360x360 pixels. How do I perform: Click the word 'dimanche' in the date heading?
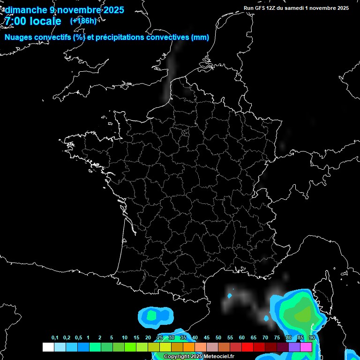pyautogui.click(x=26, y=10)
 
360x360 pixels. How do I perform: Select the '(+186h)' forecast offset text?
pyautogui.click(x=83, y=21)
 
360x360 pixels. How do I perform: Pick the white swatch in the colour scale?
pyautogui.click(x=48, y=347)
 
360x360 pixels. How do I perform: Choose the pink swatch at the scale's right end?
pyautogui.click(x=306, y=347)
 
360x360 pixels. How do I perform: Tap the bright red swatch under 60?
pyautogui.click(x=247, y=347)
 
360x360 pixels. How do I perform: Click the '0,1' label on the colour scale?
pyautogui.click(x=55, y=338)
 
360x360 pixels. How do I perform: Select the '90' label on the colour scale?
pyautogui.click(x=312, y=338)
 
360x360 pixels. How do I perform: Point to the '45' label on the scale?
pyautogui.click(x=207, y=338)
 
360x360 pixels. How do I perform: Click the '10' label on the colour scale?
pyautogui.click(x=125, y=338)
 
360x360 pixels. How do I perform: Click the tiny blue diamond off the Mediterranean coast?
pyautogui.click(x=230, y=296)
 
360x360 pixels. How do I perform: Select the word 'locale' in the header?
pyautogui.click(x=45, y=21)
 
